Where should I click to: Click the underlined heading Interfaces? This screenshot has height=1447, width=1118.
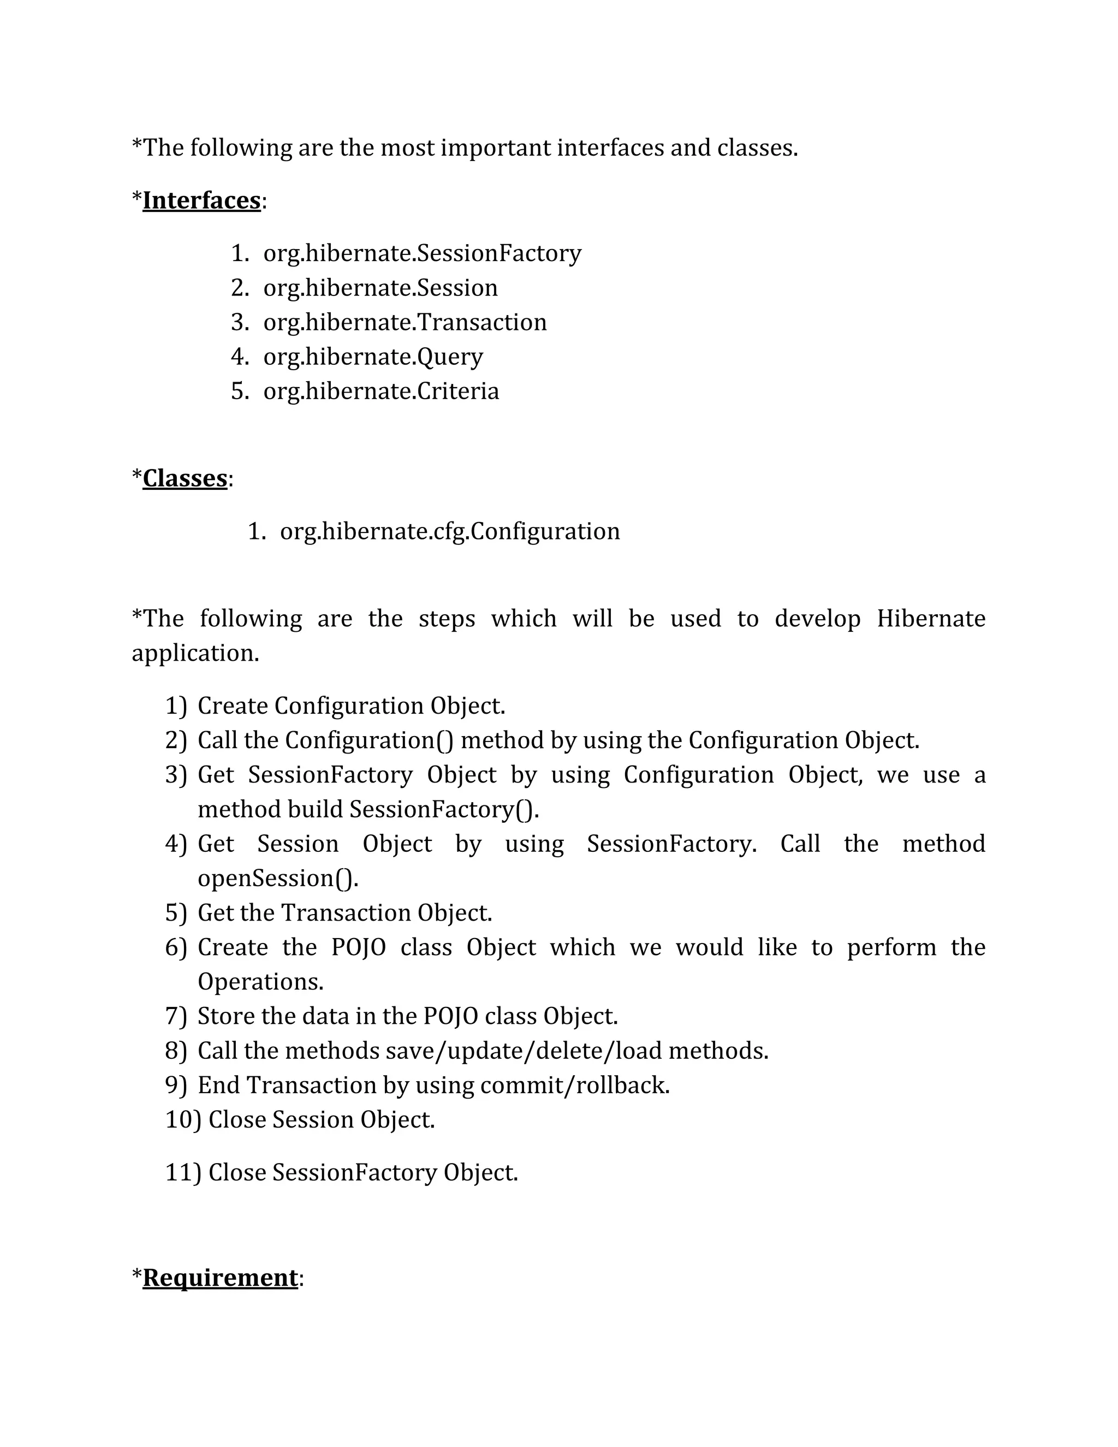pos(201,200)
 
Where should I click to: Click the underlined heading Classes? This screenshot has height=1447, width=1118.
pos(185,478)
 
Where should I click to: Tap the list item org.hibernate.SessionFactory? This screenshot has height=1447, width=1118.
pos(422,253)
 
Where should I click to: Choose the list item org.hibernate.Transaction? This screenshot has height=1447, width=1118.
pos(405,322)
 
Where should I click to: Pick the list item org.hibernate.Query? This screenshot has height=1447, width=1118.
pos(373,357)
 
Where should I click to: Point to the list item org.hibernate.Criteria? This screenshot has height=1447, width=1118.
pos(381,391)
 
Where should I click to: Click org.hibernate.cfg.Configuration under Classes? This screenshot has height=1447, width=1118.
pos(450,531)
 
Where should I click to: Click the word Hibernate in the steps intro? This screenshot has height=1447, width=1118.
pos(931,618)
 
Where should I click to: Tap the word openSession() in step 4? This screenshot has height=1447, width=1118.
pos(277,878)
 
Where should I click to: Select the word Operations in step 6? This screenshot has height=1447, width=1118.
pos(260,981)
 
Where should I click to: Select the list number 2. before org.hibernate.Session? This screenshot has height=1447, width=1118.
pos(239,288)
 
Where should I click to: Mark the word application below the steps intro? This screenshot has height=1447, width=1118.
pos(195,653)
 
